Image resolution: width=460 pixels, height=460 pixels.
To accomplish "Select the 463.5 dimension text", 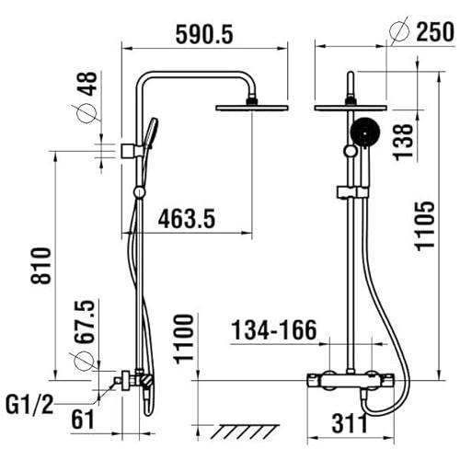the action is click(187, 218).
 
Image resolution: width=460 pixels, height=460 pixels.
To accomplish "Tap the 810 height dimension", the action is click(40, 266).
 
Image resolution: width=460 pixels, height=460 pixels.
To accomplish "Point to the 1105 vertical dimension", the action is click(425, 225).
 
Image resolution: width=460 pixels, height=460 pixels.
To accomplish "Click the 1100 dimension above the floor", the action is click(184, 339).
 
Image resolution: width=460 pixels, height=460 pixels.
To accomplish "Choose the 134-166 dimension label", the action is click(274, 330).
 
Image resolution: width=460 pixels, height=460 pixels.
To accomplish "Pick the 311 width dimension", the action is click(350, 423).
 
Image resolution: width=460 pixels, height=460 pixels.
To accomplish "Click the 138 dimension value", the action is click(403, 142).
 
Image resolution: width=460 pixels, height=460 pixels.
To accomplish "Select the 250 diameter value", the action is click(435, 31).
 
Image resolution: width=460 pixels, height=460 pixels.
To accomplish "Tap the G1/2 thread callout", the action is click(29, 405).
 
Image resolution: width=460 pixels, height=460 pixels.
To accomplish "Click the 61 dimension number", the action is click(83, 420).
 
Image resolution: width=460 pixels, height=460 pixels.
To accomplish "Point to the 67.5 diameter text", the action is click(84, 321).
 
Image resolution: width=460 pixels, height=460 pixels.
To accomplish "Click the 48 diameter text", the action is click(87, 84).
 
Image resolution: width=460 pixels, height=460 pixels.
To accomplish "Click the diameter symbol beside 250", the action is click(399, 30).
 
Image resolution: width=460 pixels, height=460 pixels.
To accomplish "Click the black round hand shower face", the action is click(365, 132).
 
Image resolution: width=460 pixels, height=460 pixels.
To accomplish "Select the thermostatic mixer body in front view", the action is click(351, 381).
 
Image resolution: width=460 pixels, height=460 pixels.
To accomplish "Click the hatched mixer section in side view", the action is click(146, 380).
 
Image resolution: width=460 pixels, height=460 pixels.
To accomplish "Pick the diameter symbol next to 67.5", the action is click(84, 362).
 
